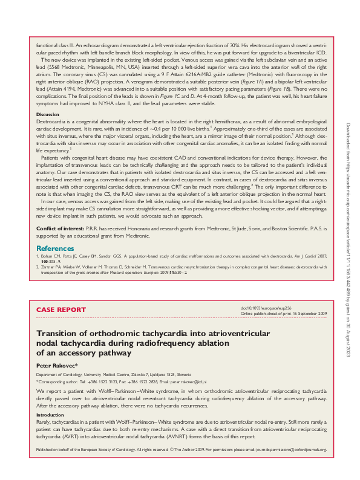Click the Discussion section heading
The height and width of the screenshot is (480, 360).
pyautogui.click(x=48, y=114)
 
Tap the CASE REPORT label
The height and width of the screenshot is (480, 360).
pyautogui.click(x=61, y=310)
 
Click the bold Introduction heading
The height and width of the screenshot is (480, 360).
pyautogui.click(x=50, y=415)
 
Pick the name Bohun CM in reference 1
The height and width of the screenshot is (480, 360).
pyautogui.click(x=51, y=257)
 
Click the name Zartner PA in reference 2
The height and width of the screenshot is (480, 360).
pyautogui.click(x=51, y=267)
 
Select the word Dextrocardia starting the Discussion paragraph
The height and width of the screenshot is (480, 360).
pyautogui.click(x=51, y=122)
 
